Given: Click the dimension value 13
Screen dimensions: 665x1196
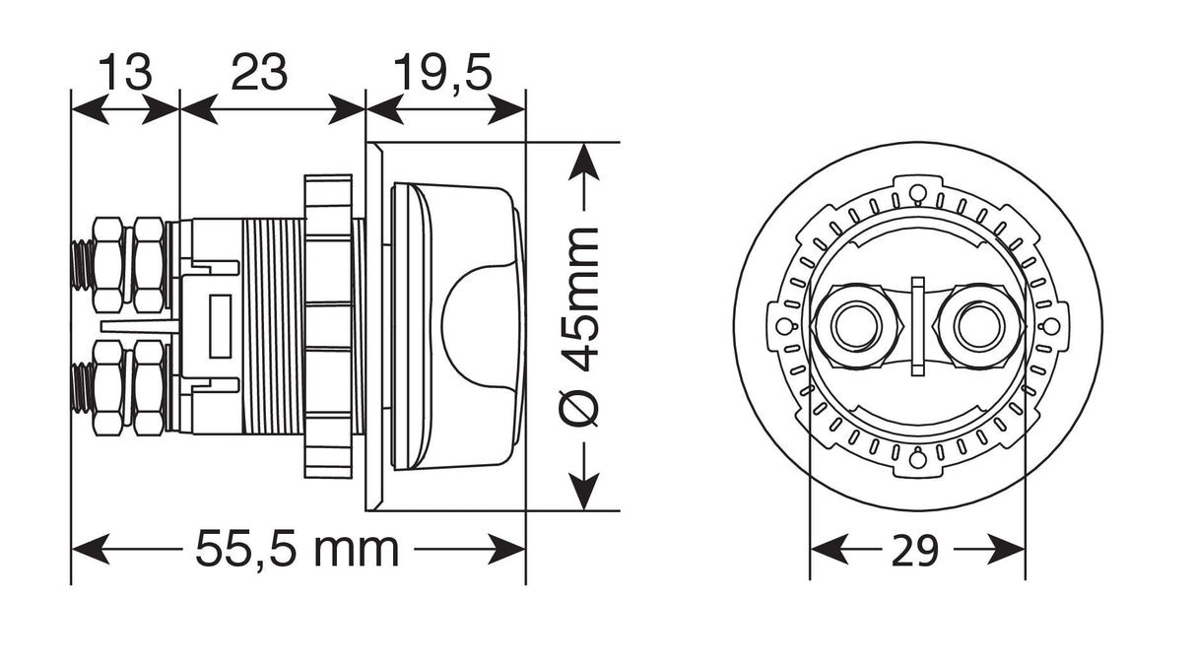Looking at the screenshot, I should coord(125,72).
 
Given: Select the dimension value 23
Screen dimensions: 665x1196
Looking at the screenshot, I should coord(259,72).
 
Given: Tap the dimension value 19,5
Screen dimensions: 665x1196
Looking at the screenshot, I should coord(442,72).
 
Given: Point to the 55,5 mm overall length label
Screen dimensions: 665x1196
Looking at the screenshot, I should coord(297,549).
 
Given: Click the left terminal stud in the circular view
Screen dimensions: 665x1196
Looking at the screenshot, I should coord(852,326).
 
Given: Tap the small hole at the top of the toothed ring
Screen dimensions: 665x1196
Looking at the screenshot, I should coord(917,190).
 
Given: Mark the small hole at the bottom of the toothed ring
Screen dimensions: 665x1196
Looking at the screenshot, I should coord(917,458).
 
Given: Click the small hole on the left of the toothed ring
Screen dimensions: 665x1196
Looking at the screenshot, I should coord(784,326).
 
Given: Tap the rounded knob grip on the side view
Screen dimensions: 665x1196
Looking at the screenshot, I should coord(480,325).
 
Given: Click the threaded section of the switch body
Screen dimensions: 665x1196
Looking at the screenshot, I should coord(272,325).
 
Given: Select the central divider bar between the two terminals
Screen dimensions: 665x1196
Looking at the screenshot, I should coord(917,326).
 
